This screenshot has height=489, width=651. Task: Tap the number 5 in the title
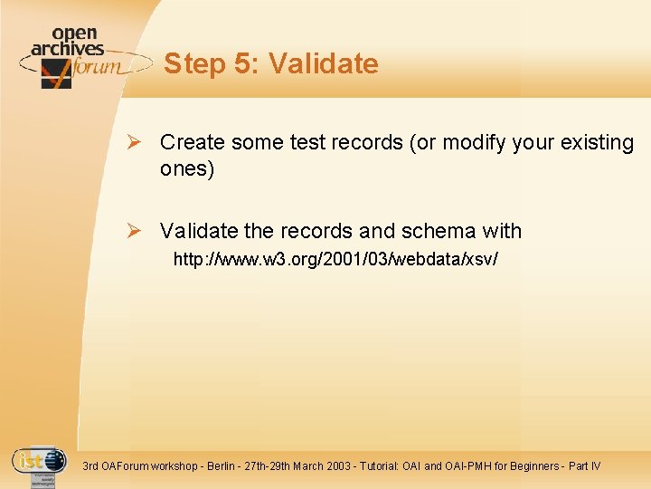point(240,64)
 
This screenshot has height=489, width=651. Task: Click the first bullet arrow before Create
point(134,143)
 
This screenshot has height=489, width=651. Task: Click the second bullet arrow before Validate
point(134,231)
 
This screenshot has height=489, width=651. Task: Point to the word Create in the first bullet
point(193,143)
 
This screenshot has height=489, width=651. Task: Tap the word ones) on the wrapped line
point(187,169)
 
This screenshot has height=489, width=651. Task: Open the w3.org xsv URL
point(335,260)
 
